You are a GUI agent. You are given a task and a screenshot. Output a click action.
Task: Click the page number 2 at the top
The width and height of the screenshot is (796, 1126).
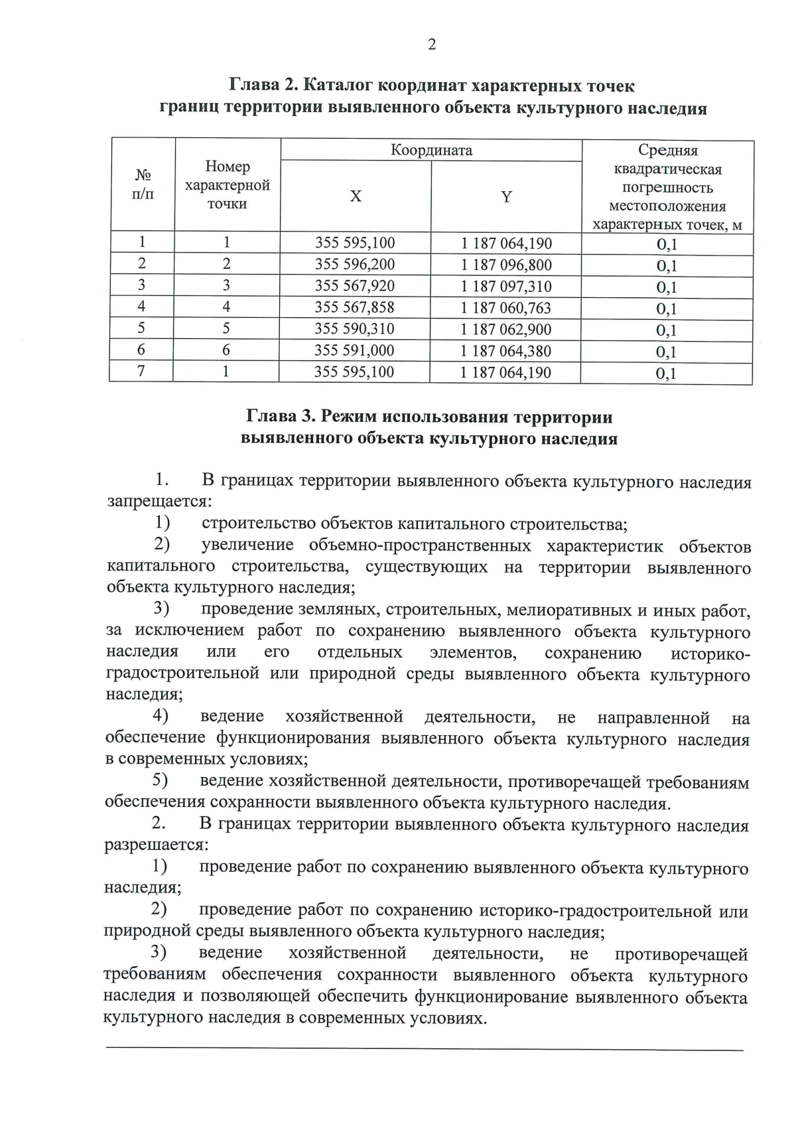(x=432, y=44)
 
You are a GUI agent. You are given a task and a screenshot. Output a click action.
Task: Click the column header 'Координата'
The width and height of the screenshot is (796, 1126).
(x=431, y=150)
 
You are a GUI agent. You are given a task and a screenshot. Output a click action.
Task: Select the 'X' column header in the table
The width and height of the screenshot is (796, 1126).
(x=356, y=196)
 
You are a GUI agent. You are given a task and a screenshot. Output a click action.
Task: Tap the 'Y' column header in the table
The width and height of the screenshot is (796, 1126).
(x=506, y=196)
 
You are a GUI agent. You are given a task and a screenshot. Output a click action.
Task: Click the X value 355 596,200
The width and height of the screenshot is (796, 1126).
(x=355, y=264)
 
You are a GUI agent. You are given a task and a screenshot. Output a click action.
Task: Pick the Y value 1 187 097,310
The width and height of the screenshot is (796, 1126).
(x=506, y=287)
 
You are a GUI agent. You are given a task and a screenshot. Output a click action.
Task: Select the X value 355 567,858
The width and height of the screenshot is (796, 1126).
(x=355, y=307)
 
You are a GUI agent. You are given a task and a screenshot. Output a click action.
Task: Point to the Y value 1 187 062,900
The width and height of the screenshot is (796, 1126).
(x=506, y=329)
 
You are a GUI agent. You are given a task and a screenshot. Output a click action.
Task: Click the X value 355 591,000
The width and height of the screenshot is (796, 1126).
(x=355, y=350)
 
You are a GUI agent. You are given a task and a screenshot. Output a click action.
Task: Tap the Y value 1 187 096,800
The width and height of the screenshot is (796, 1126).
(x=506, y=265)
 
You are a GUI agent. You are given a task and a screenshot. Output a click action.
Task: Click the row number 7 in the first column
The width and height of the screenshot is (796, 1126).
(x=141, y=371)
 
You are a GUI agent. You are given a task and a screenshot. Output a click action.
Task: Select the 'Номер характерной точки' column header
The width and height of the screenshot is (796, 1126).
(x=228, y=184)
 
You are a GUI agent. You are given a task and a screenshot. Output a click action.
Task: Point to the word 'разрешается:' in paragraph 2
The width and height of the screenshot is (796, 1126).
(x=157, y=846)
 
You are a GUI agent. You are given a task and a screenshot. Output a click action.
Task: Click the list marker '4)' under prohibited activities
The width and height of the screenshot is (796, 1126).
(x=161, y=716)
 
